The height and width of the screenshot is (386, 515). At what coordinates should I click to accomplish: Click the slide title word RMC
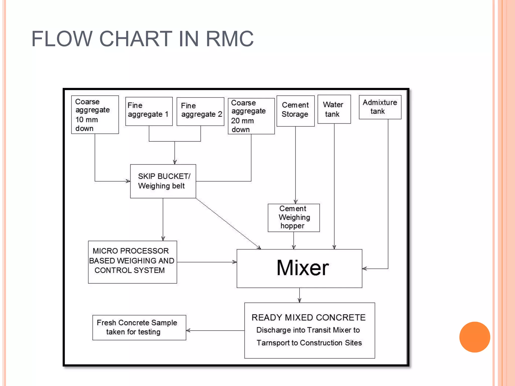230,39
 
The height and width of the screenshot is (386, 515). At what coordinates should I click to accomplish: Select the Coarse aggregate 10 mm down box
95,115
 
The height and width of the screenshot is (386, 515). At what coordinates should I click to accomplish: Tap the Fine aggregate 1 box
149,111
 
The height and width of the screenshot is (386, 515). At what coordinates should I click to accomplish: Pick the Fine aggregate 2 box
200,111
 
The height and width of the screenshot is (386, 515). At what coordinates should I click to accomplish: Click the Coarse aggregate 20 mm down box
251,116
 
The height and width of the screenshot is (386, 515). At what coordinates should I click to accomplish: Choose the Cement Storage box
295,111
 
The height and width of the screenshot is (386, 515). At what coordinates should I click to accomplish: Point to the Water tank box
334,109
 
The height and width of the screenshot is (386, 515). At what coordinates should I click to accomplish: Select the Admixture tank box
380,107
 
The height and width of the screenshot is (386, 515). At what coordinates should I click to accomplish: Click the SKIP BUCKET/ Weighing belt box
163,181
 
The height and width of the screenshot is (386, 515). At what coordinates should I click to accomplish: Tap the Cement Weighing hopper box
294,218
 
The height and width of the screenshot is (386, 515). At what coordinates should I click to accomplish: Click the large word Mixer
303,268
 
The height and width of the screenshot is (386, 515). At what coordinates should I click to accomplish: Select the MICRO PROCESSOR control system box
132,262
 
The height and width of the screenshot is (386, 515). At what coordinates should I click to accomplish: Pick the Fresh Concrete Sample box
139,327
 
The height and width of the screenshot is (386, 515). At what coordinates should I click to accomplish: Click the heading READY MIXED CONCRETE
309,318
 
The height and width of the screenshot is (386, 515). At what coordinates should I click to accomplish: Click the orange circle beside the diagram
475,337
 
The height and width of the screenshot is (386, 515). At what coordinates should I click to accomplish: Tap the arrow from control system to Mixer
207,262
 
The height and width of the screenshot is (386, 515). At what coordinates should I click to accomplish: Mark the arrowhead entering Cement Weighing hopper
295,202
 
